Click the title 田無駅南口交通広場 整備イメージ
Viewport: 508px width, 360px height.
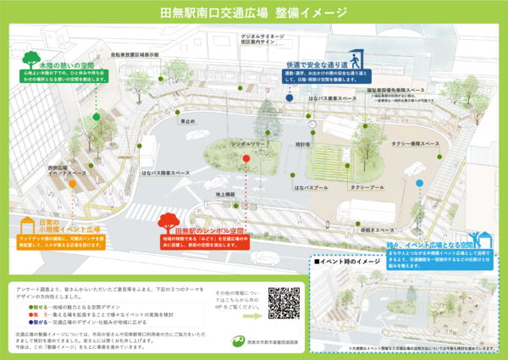[254, 14]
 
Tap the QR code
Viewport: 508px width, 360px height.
[284, 303]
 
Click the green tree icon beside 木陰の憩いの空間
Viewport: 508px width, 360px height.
[32, 59]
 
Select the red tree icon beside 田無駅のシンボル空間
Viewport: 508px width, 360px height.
[168, 224]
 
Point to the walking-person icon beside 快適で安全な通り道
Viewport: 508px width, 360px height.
[359, 60]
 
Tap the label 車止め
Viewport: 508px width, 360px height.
[187, 121]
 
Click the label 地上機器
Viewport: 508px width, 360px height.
[225, 196]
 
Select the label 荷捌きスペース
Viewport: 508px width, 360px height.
[378, 230]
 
